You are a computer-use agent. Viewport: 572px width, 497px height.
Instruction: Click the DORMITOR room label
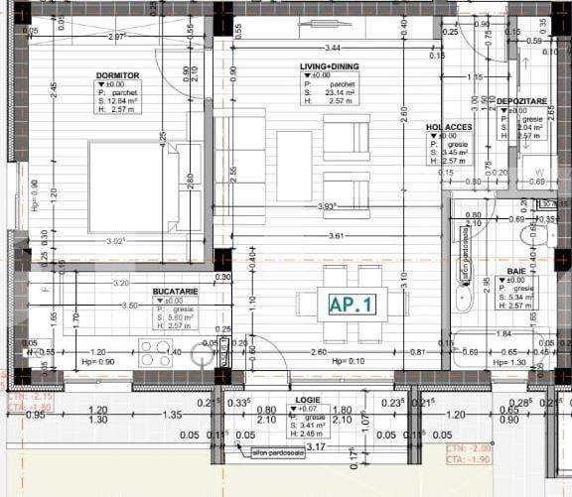pyautogui.click(x=117, y=75)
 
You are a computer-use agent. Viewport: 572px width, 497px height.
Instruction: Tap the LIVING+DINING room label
pyautogui.click(x=330, y=66)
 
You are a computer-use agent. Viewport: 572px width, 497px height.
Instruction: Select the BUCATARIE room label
pyautogui.click(x=175, y=291)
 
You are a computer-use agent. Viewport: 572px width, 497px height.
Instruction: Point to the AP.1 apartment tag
pyautogui.click(x=352, y=305)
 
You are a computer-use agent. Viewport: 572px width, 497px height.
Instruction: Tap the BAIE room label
pyautogui.click(x=516, y=271)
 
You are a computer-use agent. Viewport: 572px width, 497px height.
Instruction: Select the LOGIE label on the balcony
pyautogui.click(x=307, y=399)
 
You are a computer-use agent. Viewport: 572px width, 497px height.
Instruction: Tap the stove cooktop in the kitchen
pyautogui.click(x=156, y=352)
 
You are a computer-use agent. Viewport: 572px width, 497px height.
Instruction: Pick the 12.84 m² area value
pyautogui.click(x=120, y=101)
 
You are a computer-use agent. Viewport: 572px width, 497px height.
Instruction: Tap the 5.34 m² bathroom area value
pyautogui.click(x=522, y=296)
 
